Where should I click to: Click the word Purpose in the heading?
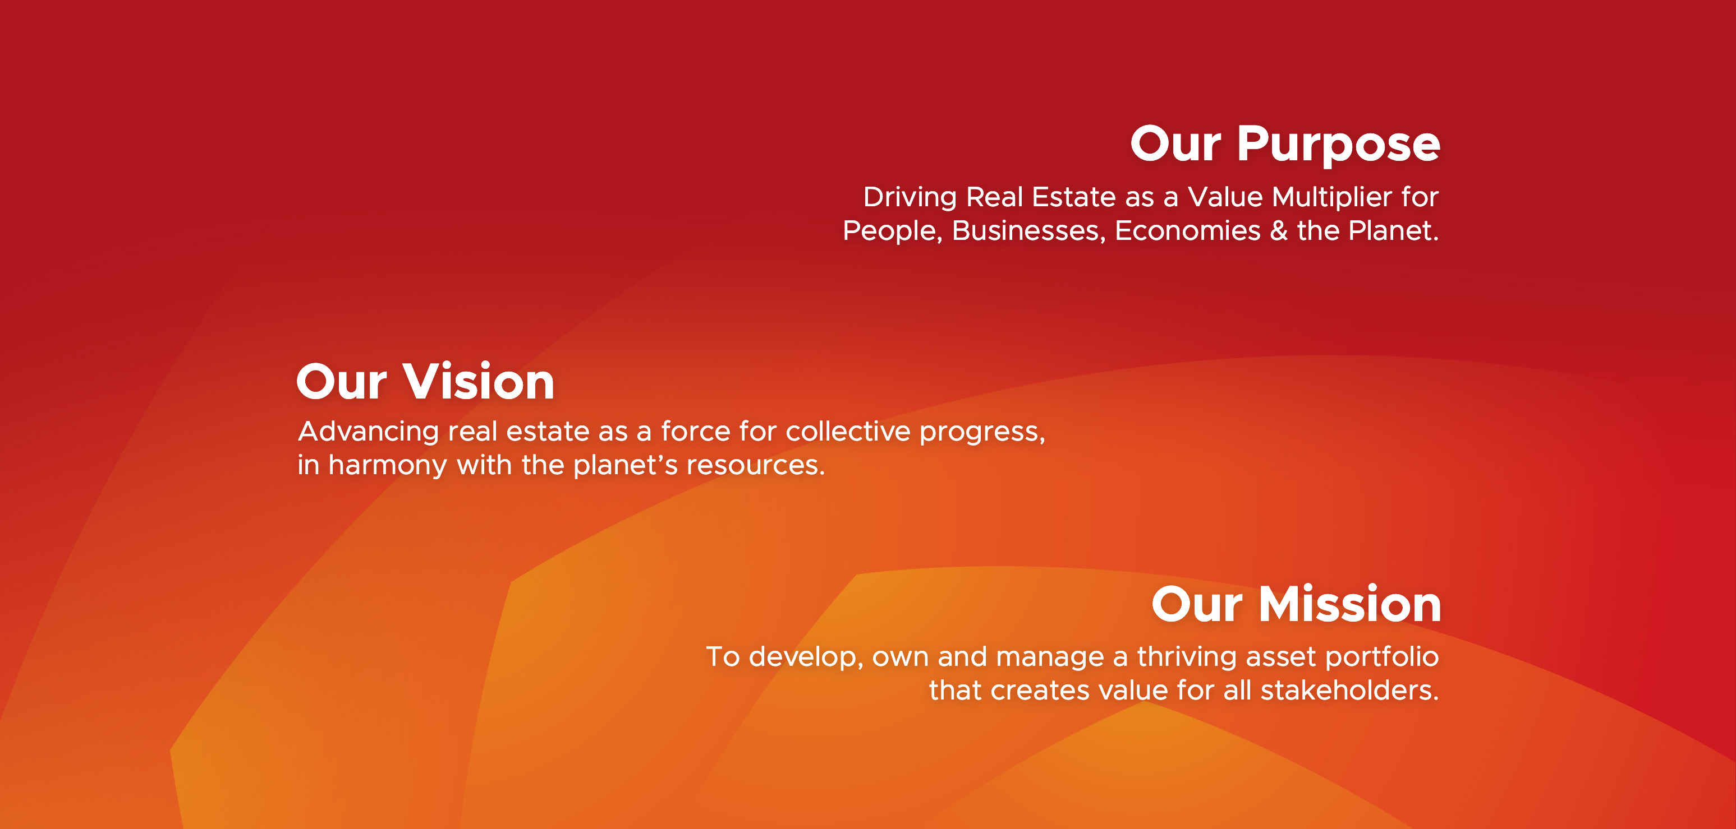point(1338,145)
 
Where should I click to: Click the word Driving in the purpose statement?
point(910,198)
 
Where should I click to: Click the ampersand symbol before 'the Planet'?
point(1278,230)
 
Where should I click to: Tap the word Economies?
point(1187,230)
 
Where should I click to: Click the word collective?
point(848,431)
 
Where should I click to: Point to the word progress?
point(982,432)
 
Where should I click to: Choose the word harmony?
point(388,465)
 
